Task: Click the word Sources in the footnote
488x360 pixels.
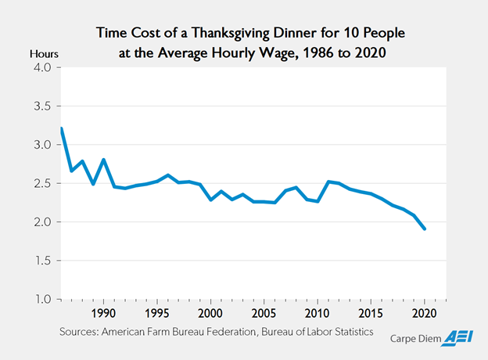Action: click(82, 333)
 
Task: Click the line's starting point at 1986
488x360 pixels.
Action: click(61, 128)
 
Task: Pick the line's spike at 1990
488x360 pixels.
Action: click(103, 160)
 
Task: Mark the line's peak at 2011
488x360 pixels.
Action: click(328, 182)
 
